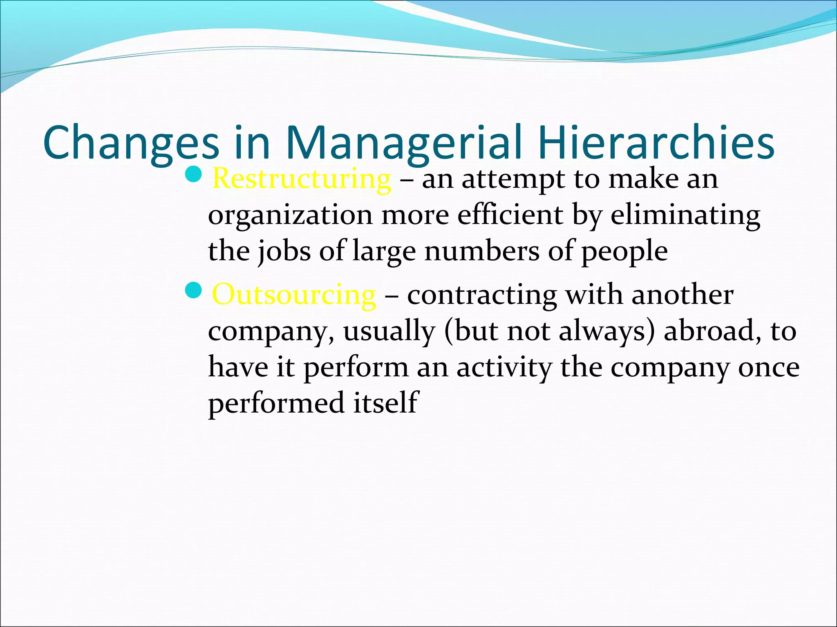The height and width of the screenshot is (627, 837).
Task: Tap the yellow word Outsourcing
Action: pyautogui.click(x=294, y=295)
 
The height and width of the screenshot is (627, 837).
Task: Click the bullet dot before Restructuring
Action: pyautogui.click(x=193, y=175)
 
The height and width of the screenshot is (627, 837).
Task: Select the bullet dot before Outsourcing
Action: pyautogui.click(x=193, y=290)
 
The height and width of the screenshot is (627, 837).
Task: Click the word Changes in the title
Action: pyautogui.click(x=131, y=143)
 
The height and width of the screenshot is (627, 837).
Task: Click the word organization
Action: pyautogui.click(x=290, y=216)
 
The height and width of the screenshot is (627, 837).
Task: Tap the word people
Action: pyautogui.click(x=624, y=252)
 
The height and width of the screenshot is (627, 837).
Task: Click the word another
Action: pyautogui.click(x=682, y=295)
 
